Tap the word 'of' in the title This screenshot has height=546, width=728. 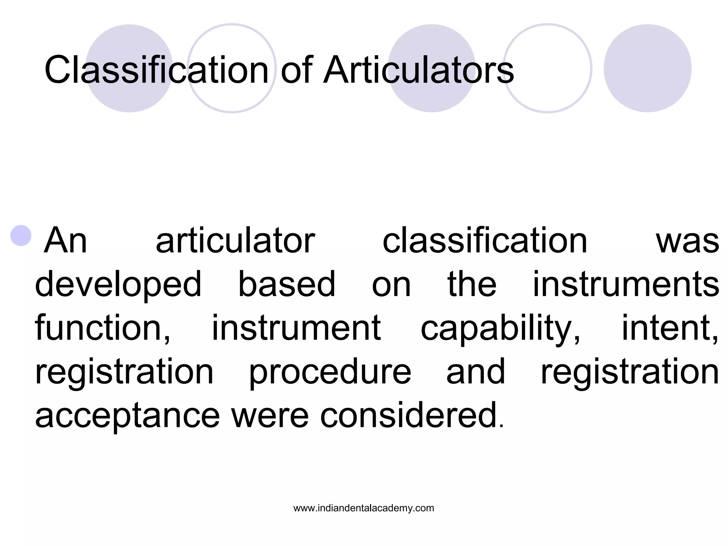296,70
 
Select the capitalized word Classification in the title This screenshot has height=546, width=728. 156,70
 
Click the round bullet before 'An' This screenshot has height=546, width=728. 21,235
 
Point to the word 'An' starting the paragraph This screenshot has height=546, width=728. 65,241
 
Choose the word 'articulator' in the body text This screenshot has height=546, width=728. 235,241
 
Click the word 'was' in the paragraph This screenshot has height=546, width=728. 687,241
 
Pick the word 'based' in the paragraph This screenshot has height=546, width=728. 287,284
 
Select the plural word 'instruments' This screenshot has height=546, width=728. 626,284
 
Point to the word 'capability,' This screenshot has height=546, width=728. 500,329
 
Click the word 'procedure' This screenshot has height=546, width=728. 330,372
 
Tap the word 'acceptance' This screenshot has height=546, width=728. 128,416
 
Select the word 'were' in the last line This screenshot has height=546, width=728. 270,416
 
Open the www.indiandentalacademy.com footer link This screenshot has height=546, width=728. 364,508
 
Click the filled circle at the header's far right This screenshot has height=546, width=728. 647,68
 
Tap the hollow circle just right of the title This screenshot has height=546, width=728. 548,68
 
